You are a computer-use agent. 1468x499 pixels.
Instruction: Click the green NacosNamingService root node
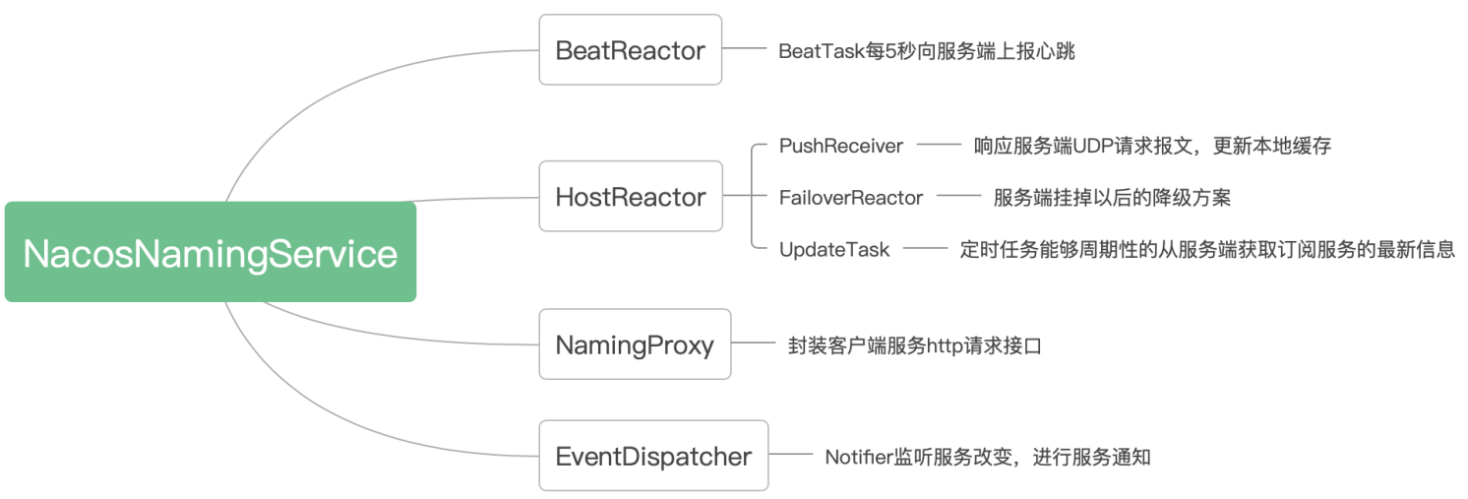(x=211, y=252)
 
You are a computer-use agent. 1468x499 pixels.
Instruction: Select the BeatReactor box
(x=631, y=50)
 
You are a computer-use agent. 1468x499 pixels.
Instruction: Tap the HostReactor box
(x=631, y=196)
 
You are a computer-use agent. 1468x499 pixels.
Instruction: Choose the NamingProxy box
(x=635, y=344)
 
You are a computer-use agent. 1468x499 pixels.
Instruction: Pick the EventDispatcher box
(x=653, y=456)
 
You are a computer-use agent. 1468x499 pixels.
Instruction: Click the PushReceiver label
(x=841, y=146)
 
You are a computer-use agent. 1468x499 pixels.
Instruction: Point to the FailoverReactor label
(x=851, y=198)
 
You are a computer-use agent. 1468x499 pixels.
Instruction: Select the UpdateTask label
(x=834, y=249)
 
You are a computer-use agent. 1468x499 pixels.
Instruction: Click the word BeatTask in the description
(x=822, y=51)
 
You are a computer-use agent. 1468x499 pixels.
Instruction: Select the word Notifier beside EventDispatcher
(x=859, y=457)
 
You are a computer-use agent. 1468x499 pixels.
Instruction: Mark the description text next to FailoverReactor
(x=1112, y=198)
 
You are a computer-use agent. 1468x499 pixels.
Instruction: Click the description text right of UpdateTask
(x=1207, y=249)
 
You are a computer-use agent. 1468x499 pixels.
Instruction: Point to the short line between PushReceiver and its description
(x=939, y=145)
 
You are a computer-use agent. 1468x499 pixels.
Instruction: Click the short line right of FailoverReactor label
(x=958, y=196)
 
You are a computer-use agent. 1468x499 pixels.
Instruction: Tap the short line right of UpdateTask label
(x=925, y=248)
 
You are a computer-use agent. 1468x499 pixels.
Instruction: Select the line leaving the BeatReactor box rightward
(x=745, y=48)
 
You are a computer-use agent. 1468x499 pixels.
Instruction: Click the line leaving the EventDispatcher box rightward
(x=791, y=454)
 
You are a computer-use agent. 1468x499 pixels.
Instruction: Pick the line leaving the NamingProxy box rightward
(x=754, y=343)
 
